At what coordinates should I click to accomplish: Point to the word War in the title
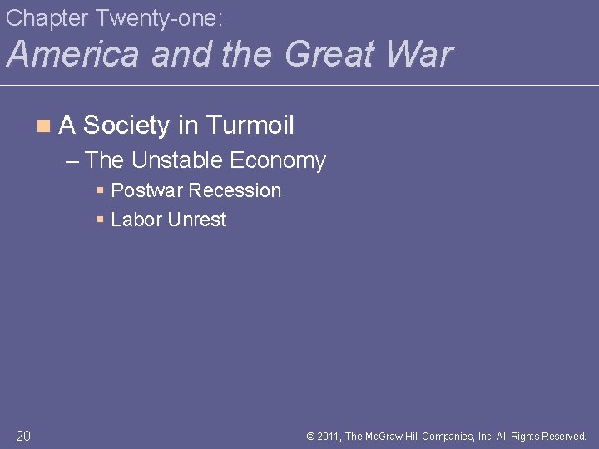point(421,54)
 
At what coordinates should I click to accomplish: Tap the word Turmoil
point(250,126)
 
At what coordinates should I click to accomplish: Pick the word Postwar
point(146,190)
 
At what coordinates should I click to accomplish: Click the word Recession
point(235,190)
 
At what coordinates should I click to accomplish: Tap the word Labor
point(136,220)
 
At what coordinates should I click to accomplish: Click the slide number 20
point(23,435)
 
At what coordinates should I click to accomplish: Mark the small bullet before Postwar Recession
point(100,190)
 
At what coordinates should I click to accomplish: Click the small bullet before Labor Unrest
point(100,220)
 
